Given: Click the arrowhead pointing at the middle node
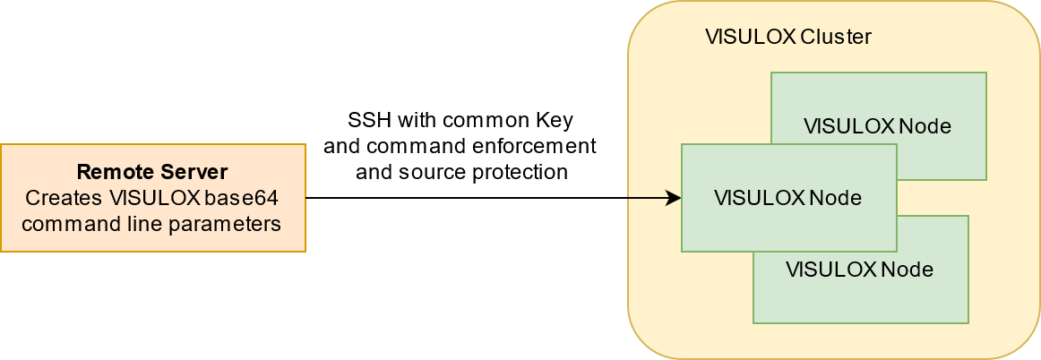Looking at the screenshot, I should pyautogui.click(x=675, y=198).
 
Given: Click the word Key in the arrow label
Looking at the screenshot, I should pyautogui.click(x=555, y=120).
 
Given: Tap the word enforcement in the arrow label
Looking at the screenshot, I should pyautogui.click(x=541, y=146).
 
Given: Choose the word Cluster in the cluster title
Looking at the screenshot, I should pyautogui.click(x=836, y=38).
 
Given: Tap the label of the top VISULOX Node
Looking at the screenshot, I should pyautogui.click(x=877, y=126).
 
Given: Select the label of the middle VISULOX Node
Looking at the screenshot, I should pyautogui.click(x=787, y=198).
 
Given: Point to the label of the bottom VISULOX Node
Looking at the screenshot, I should pyautogui.click(x=859, y=270).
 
